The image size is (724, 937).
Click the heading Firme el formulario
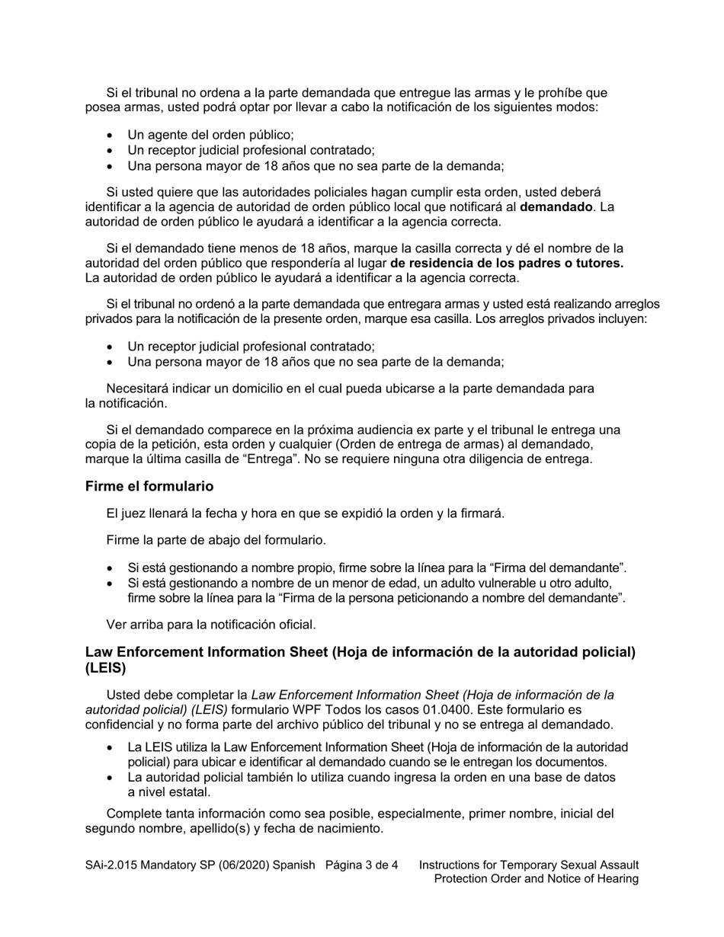(x=149, y=486)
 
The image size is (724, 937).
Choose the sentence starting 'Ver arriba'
(x=211, y=625)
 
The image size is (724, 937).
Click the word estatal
(x=190, y=791)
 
